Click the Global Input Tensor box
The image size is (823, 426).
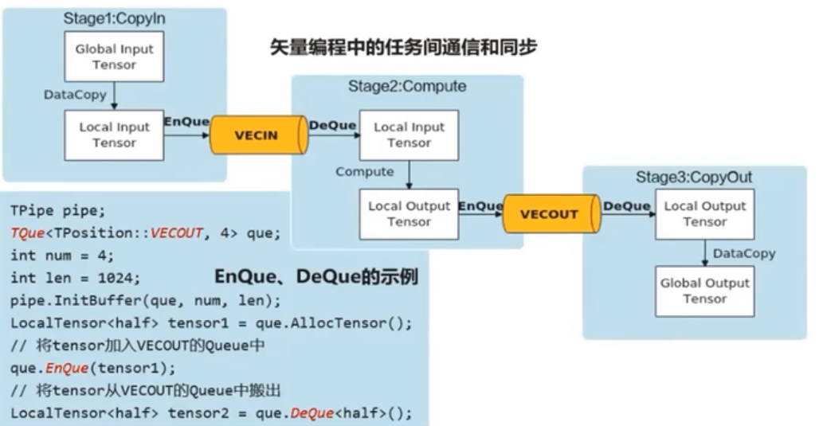click(x=115, y=57)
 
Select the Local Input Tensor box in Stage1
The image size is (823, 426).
click(x=115, y=135)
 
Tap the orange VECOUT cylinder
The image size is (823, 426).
click(x=550, y=213)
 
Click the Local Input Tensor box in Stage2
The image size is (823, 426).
click(x=409, y=135)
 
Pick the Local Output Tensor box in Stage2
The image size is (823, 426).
click(x=409, y=213)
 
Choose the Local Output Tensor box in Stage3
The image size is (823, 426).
click(x=704, y=213)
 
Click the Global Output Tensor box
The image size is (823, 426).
click(x=704, y=291)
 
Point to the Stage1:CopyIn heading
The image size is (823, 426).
click(x=114, y=18)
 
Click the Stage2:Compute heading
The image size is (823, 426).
click(x=407, y=86)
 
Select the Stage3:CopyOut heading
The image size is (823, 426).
click(x=693, y=177)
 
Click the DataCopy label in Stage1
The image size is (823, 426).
click(x=75, y=95)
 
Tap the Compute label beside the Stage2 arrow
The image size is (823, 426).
click(x=364, y=171)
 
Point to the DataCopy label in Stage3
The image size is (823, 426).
click(x=743, y=253)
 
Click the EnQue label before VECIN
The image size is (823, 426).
click(x=186, y=122)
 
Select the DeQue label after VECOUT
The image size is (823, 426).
click(x=626, y=205)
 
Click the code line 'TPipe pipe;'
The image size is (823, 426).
click(x=57, y=211)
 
